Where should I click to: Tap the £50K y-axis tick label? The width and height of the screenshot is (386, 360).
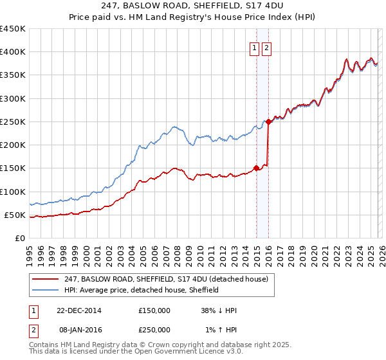click(x=15, y=215)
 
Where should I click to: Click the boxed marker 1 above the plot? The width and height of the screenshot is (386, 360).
click(x=255, y=47)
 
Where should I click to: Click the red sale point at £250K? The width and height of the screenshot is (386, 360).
click(x=268, y=122)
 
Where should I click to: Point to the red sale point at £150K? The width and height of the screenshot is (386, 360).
click(x=256, y=168)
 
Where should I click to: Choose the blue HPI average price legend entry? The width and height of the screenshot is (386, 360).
click(x=142, y=290)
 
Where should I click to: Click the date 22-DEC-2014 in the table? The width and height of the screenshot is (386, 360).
click(x=79, y=310)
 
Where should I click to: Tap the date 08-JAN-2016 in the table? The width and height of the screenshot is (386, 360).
click(x=79, y=330)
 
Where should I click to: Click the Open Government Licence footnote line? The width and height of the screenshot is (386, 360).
click(x=135, y=352)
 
